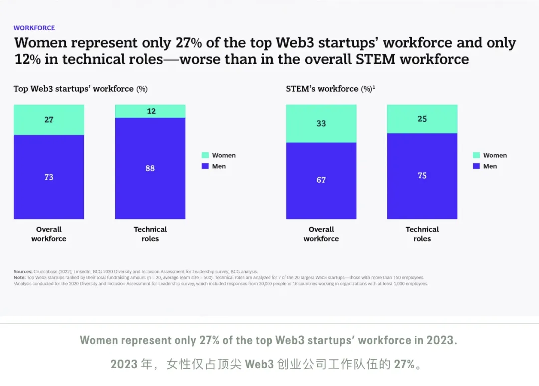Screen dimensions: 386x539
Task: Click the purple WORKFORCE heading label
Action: [x=34, y=28]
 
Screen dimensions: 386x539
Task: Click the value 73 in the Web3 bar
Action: [x=49, y=177]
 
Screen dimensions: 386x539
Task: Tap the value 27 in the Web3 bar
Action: [x=49, y=120]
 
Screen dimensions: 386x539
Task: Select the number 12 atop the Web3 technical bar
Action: [x=150, y=111]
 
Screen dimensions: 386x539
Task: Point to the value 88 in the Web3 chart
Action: [x=150, y=168]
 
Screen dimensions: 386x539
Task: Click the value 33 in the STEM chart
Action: [x=321, y=123]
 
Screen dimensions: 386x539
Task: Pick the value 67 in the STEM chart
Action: [x=321, y=180]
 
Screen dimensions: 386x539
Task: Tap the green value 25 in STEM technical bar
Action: [x=422, y=119]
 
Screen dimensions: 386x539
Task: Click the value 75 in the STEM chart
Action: [x=422, y=176]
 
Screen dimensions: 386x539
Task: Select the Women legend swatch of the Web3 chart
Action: [x=205, y=155]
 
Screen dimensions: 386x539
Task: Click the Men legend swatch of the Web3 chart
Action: [x=205, y=166]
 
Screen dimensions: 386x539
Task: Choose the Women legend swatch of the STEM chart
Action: [x=476, y=155]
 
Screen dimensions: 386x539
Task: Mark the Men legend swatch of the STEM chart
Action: [x=476, y=166]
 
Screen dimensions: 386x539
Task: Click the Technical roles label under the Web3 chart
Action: [x=150, y=234]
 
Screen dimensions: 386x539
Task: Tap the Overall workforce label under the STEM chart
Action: [x=321, y=234]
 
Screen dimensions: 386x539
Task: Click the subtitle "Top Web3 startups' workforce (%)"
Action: [x=80, y=89]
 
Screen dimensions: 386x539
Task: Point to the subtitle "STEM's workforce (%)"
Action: [x=330, y=89]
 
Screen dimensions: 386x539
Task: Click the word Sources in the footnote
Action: [x=23, y=272]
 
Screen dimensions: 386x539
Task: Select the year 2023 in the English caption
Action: [x=441, y=340]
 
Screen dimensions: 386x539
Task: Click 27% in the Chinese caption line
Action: [x=404, y=364]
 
